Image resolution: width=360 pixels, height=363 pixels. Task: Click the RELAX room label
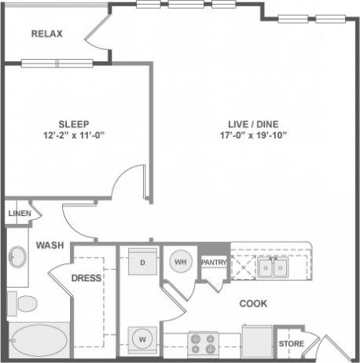[46, 34]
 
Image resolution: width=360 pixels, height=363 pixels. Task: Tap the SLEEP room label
[73, 124]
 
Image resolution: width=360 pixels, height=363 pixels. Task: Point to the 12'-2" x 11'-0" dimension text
[73, 136]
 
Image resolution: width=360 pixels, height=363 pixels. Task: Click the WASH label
[49, 245]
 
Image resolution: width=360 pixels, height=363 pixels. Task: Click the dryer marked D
[143, 262]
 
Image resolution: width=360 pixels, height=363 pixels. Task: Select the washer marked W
[143, 339]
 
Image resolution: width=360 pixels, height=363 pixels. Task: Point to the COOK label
[253, 303]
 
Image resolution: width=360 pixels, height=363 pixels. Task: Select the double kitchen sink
[271, 269]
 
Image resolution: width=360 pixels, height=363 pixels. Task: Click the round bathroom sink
[17, 256]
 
